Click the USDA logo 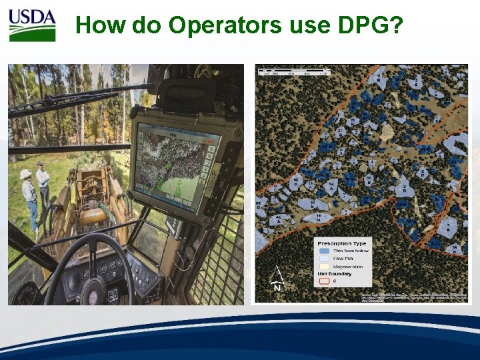32,25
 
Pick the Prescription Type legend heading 343,243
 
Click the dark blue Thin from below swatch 324,251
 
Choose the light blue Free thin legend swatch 324,259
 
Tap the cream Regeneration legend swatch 324,266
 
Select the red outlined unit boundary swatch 324,281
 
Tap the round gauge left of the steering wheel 29,293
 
